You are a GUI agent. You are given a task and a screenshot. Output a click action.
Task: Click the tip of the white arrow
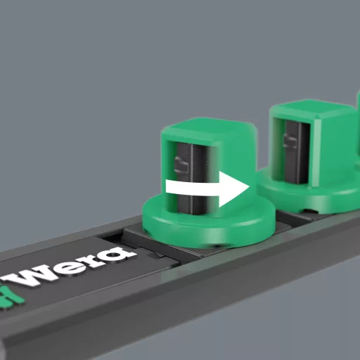(x=249, y=187)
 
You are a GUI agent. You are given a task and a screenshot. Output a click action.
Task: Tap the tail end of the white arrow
(x=166, y=186)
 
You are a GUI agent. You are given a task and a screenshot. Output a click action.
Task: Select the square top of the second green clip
(x=314, y=110)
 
